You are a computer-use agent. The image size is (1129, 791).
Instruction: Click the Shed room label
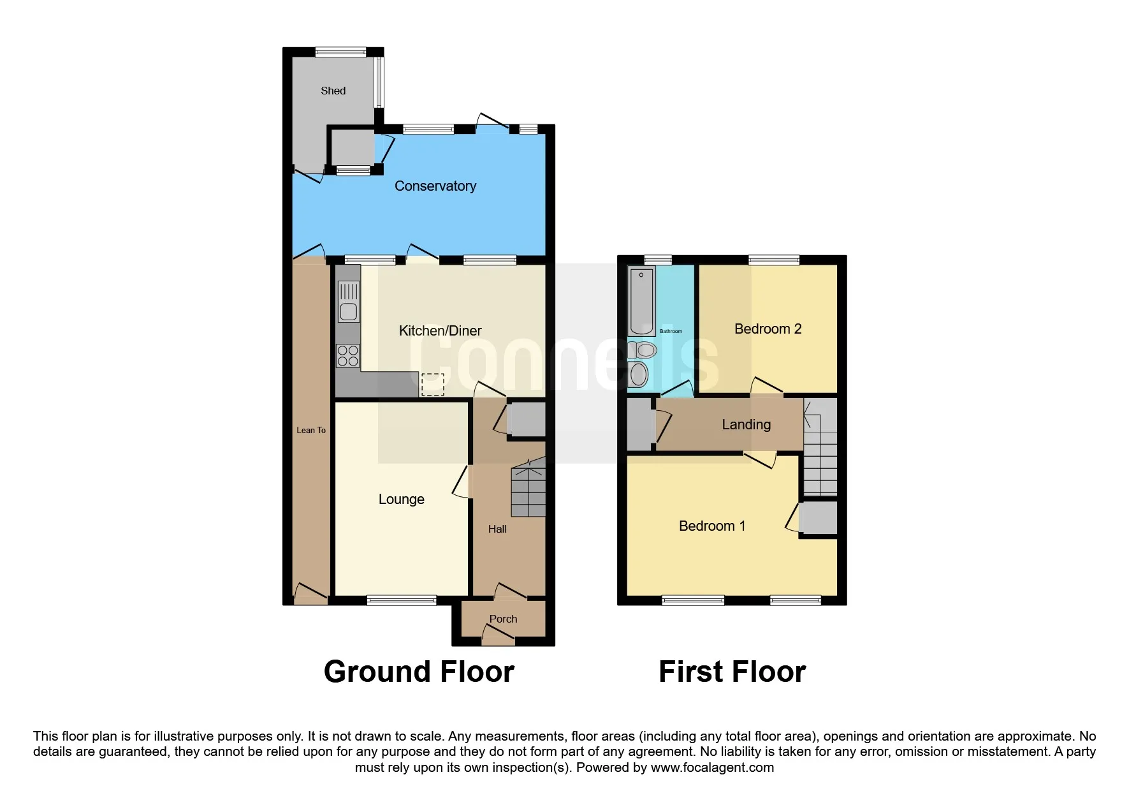tap(333, 91)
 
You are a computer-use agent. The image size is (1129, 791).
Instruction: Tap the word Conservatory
tap(435, 186)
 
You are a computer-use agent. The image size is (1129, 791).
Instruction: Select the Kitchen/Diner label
tap(440, 330)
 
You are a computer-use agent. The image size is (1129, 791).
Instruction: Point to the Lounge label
tap(401, 499)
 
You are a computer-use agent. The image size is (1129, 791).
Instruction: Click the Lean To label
tap(311, 430)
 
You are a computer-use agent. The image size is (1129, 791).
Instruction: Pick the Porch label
tap(503, 619)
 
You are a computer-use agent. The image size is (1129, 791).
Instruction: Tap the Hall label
tap(497, 529)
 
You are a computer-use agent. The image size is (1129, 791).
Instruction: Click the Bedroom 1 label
tap(712, 526)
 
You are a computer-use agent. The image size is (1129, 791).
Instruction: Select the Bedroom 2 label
tap(768, 329)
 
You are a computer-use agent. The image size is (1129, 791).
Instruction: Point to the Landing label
tap(746, 424)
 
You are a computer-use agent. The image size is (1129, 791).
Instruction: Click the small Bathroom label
tap(671, 331)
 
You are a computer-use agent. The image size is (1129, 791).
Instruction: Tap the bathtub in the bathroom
tap(641, 302)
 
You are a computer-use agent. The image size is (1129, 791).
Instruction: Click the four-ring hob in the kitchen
tap(348, 355)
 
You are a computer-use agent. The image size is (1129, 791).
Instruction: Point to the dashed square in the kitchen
tap(432, 384)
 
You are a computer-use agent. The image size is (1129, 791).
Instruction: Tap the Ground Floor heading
tap(419, 672)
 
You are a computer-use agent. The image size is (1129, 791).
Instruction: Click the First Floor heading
tap(732, 672)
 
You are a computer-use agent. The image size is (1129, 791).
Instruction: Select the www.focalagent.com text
tap(712, 767)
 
